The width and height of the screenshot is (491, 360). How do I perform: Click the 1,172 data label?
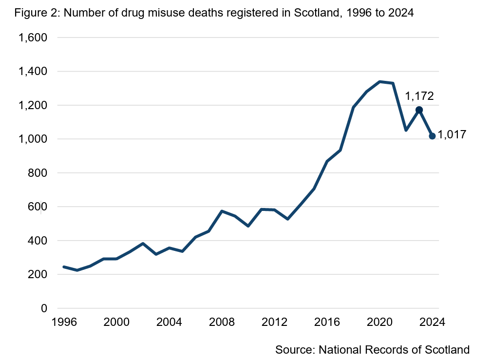pos(419,96)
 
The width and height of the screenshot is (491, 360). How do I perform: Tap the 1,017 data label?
pos(453,135)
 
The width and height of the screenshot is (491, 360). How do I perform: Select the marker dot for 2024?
pos(432,136)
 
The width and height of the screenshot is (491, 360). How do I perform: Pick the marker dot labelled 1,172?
pos(419,110)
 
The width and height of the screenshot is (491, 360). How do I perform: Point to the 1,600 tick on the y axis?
pos(33,38)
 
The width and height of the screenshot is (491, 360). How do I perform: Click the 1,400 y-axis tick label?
pos(33,72)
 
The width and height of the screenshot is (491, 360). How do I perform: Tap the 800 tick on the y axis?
pos(38,173)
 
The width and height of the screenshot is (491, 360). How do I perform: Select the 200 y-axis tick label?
pos(38,274)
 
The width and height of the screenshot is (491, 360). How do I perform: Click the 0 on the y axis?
pos(44,308)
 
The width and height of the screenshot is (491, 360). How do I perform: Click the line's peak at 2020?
pos(379,82)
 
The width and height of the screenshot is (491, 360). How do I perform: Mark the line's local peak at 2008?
pos(222,211)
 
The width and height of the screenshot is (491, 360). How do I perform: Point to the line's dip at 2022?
pos(406,130)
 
